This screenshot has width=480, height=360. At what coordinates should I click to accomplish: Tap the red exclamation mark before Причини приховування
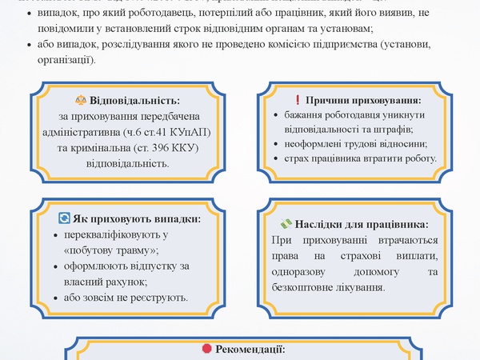(298, 101)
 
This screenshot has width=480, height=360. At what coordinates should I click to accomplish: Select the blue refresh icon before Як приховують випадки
(65, 218)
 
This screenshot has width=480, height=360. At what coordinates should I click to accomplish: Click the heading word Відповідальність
(134, 101)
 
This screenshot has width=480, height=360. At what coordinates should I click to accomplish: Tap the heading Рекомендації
(249, 350)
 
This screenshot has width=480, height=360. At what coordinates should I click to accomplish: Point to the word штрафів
(393, 129)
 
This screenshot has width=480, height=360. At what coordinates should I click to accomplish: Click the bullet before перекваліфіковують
(54, 235)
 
